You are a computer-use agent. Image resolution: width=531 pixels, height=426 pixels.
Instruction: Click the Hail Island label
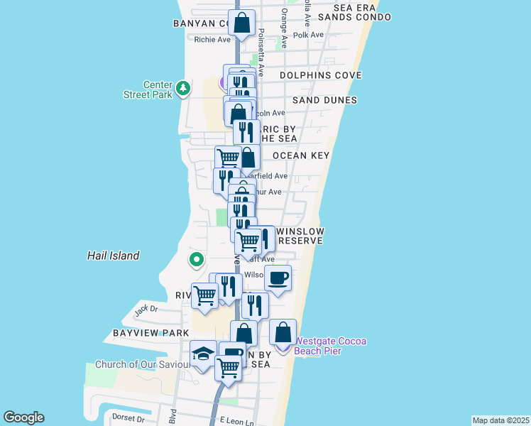pos(113,256)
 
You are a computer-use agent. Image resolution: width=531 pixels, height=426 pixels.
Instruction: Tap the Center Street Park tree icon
pos(184,88)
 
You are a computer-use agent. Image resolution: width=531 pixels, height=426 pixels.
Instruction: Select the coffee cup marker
pos(278,277)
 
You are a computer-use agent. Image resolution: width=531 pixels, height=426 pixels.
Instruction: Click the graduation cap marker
pos(204,354)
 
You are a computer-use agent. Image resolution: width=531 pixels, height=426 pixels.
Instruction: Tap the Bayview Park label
pos(150,333)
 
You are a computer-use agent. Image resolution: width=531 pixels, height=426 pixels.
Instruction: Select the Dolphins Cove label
pos(320,75)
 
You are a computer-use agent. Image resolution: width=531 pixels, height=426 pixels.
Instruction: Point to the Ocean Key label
pos(300,155)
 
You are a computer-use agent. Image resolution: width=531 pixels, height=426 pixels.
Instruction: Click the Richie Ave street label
pos(212,40)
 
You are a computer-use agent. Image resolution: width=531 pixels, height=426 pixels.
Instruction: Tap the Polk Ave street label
pos(308,35)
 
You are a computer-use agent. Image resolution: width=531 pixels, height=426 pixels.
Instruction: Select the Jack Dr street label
pos(146,308)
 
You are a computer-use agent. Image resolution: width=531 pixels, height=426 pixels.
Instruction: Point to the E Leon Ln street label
pos(236,421)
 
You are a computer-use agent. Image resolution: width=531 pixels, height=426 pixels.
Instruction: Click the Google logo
pos(23,417)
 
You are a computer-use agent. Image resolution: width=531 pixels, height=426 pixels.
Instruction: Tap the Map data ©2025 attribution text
pos(500,420)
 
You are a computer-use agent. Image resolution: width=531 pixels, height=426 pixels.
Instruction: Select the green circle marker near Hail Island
pos(197,260)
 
